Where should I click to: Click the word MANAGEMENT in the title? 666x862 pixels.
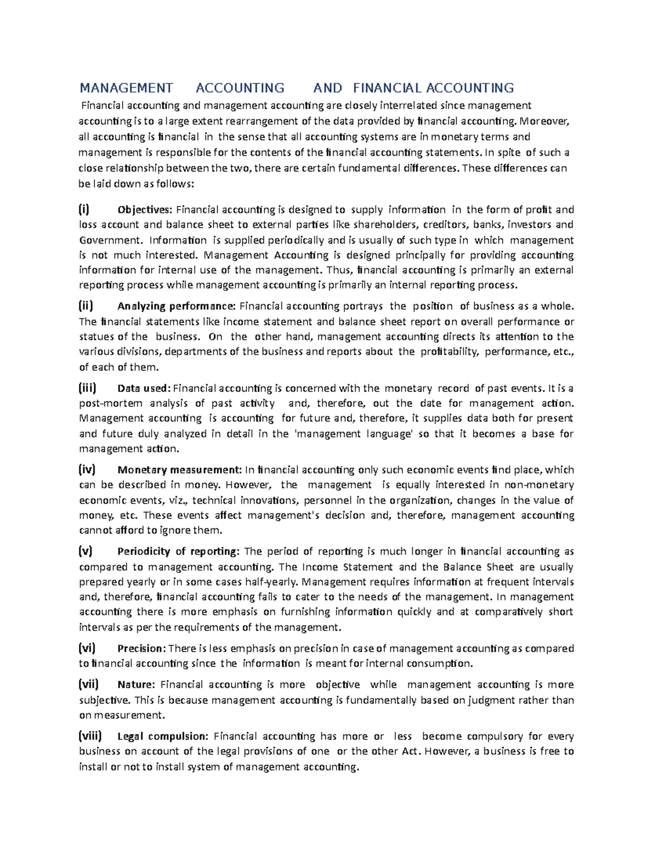(x=126, y=88)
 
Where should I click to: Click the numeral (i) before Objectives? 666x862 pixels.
(x=83, y=209)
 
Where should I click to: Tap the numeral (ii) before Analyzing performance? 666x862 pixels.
(x=85, y=306)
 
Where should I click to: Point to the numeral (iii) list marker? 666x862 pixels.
(x=87, y=388)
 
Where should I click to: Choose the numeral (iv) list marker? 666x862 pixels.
(x=87, y=470)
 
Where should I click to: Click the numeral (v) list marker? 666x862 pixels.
(x=85, y=551)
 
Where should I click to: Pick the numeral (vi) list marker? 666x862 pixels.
(x=87, y=648)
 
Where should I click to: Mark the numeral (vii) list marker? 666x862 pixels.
(x=89, y=684)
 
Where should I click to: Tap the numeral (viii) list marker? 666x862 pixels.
(x=90, y=736)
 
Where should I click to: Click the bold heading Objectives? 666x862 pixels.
(x=145, y=210)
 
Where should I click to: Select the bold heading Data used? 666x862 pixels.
(x=145, y=389)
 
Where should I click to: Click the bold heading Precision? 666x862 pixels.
(x=142, y=648)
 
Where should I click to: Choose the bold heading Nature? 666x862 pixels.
(x=137, y=685)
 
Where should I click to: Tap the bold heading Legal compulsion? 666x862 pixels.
(x=163, y=737)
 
